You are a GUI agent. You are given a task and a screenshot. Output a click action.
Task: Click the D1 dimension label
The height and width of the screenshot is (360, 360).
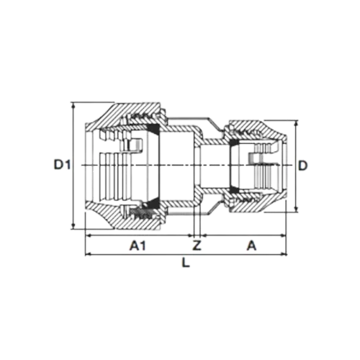[62, 165]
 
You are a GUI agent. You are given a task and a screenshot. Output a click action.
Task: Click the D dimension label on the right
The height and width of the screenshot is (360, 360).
[303, 166]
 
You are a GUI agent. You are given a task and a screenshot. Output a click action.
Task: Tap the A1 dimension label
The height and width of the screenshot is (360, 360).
[138, 246]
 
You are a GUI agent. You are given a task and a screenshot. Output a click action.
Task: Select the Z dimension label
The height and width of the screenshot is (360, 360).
[197, 246]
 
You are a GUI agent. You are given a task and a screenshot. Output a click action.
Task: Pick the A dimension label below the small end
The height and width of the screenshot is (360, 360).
[251, 246]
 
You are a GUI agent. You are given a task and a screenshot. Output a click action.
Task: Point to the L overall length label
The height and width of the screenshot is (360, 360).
[186, 262]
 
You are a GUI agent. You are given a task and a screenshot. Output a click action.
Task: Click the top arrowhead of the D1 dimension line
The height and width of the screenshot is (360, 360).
[73, 104]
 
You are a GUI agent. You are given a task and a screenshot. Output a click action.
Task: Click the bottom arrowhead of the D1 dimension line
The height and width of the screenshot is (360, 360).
[73, 226]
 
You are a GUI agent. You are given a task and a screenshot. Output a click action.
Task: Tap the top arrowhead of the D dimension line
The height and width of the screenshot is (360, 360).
[297, 123]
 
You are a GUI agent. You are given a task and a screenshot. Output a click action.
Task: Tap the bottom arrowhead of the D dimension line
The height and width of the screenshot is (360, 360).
[297, 210]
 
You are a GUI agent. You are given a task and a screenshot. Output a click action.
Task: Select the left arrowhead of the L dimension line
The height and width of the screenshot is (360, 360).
[88, 253]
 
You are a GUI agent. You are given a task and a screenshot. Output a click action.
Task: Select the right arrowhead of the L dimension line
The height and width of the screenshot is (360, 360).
[284, 253]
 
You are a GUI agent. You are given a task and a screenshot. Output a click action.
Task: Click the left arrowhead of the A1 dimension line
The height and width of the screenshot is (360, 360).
[88, 235]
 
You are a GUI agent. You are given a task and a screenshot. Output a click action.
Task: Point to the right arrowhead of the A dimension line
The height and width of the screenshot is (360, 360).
[284, 235]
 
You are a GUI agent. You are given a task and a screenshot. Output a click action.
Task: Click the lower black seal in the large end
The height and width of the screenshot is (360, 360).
[152, 203]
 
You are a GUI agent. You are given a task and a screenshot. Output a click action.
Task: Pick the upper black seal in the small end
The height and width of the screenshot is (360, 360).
[235, 143]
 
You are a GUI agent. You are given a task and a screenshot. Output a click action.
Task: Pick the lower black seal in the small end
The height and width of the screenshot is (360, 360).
[235, 189]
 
